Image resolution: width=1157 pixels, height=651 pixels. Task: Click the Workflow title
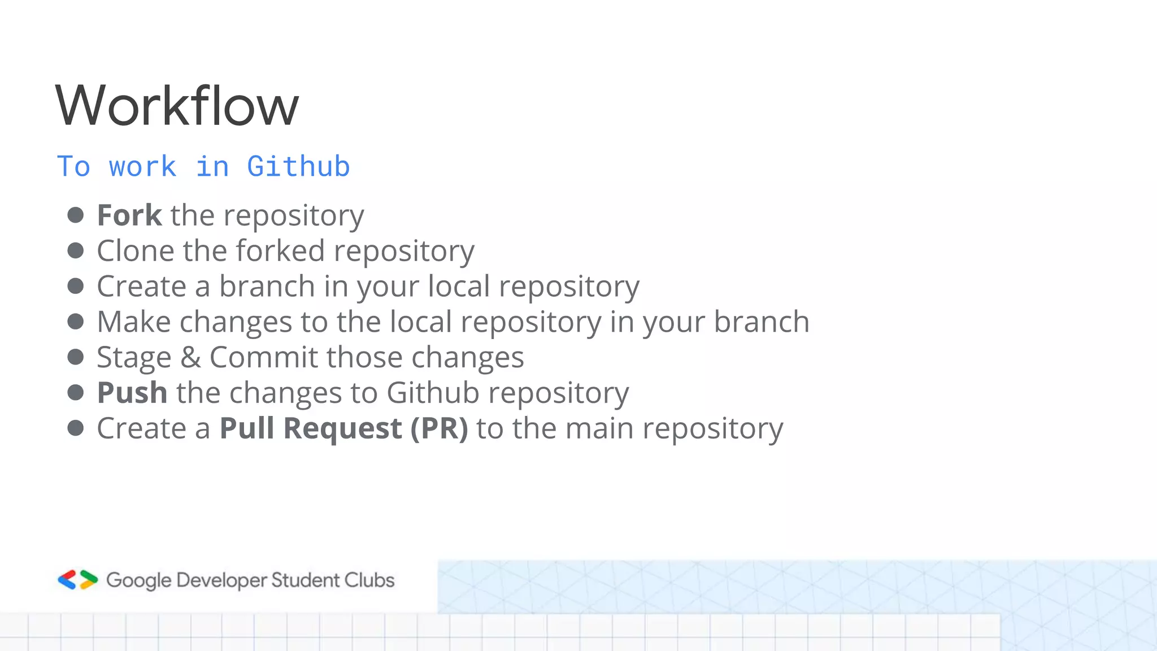(x=177, y=106)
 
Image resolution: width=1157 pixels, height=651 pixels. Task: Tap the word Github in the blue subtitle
(x=298, y=167)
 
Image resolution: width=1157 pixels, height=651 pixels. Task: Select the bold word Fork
(x=129, y=215)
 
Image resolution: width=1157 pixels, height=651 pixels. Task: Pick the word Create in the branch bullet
(x=142, y=287)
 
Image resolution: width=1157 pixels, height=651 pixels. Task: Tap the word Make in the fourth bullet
(x=134, y=322)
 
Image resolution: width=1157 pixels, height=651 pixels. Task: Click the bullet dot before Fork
(x=75, y=215)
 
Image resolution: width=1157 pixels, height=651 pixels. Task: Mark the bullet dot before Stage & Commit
(x=75, y=357)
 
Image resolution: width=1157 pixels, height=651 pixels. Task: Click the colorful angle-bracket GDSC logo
(x=78, y=580)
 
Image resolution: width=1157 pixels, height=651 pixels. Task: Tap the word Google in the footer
(x=138, y=580)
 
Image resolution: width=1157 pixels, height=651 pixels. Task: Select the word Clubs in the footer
(x=369, y=580)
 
